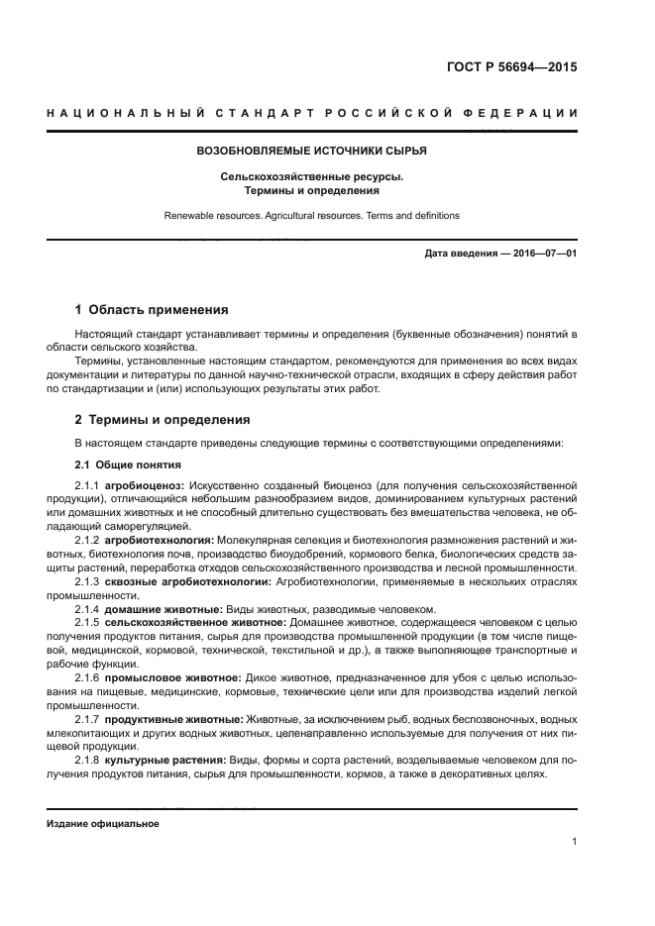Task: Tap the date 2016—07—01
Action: click(544, 255)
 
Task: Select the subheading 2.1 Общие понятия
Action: click(128, 464)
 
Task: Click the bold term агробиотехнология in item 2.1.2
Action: click(159, 539)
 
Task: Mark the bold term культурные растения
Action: click(164, 759)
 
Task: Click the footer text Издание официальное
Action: click(103, 823)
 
